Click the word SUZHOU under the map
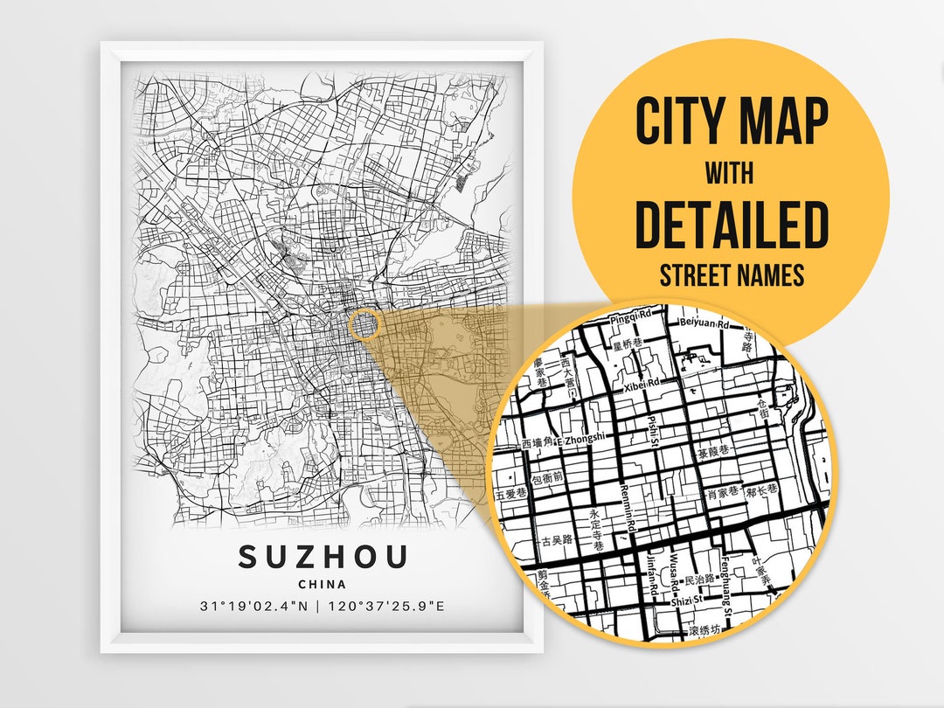tap(323, 557)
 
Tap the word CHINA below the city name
tap(322, 584)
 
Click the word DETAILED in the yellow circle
tap(731, 225)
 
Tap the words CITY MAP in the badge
tap(731, 121)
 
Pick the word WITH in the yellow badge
tap(731, 175)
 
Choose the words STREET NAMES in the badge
tap(731, 276)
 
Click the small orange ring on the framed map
tap(365, 324)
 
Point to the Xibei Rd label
tap(642, 383)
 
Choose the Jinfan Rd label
tap(651, 578)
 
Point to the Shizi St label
tap(682, 600)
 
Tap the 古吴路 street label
tap(557, 540)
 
